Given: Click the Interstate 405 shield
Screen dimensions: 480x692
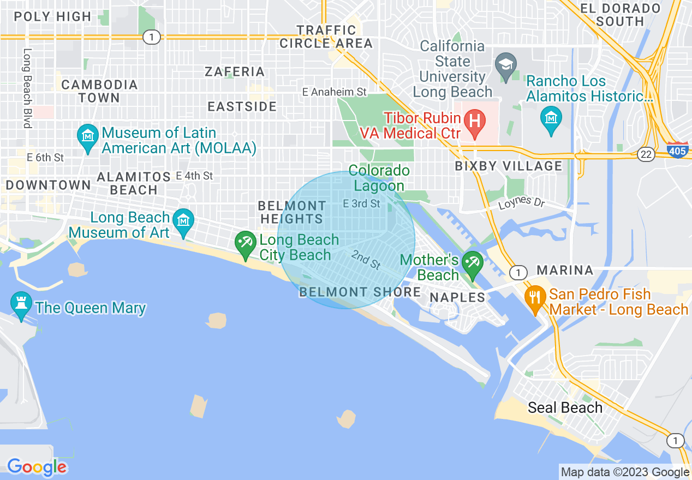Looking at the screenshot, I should (677, 150).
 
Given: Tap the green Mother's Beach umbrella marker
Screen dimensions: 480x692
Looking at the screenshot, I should (472, 264).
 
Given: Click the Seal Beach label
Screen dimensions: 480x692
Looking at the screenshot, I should (565, 407).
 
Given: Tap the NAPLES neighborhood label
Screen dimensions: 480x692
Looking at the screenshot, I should (457, 297).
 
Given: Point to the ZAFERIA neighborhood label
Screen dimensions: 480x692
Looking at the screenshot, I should (235, 71).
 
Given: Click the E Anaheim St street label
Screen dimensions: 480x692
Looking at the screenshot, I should (335, 92).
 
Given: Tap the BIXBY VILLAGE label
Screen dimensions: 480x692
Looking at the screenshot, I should (509, 166).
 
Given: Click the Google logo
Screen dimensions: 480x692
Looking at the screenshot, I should (37, 467).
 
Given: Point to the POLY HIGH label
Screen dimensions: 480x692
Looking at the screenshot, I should (52, 16).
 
